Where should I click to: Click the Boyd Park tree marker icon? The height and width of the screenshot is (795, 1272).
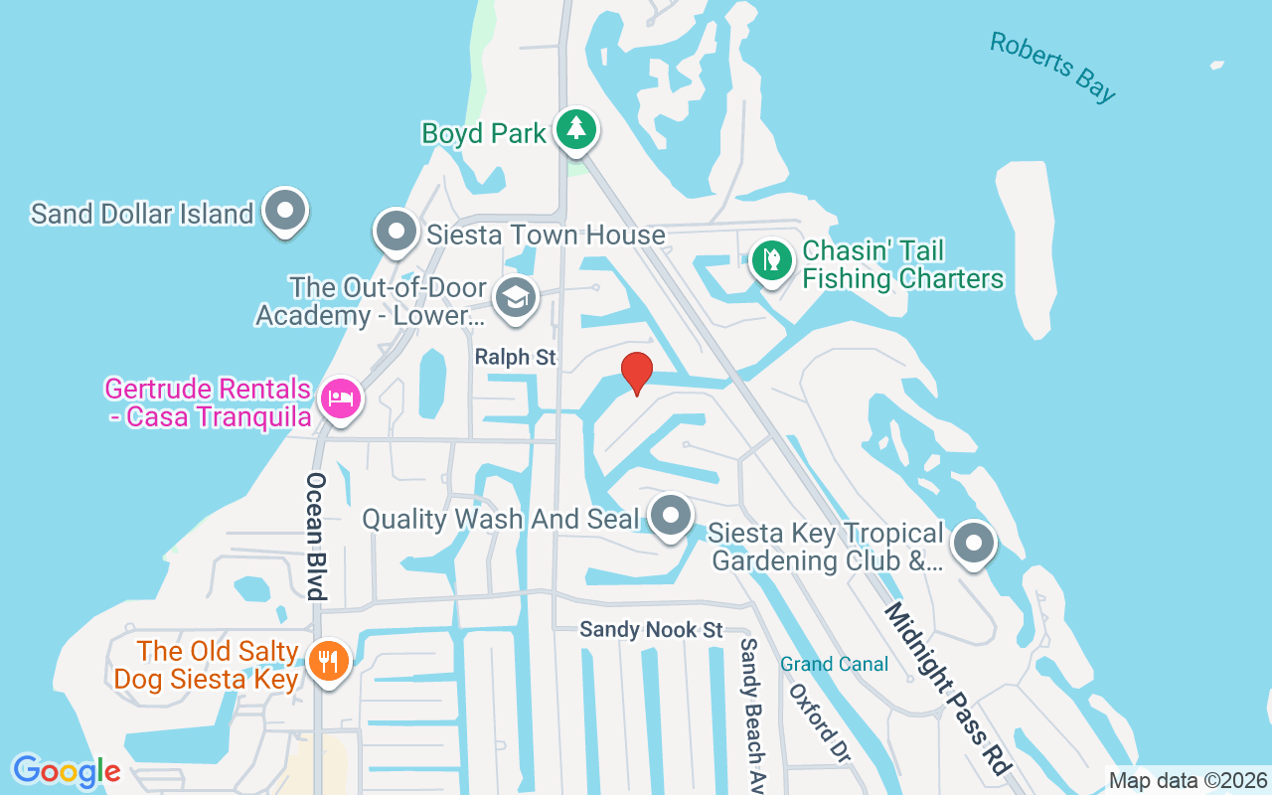tap(575, 129)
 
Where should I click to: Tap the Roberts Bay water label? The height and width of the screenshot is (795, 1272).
tap(1052, 67)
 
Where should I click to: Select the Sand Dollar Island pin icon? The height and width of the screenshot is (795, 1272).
tap(286, 211)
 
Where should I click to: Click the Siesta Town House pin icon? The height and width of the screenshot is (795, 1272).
tap(397, 232)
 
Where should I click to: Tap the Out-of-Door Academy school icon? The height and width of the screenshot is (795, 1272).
tap(515, 297)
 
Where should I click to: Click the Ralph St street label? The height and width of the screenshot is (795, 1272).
tap(515, 358)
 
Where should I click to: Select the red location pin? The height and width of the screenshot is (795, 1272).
tap(636, 374)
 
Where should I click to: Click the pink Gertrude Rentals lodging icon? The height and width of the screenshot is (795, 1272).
tap(340, 400)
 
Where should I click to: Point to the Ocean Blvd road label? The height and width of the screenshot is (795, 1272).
tap(316, 536)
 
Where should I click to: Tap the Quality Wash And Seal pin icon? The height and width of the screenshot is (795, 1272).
tap(671, 516)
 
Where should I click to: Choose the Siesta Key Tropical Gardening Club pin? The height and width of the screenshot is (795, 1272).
tap(974, 544)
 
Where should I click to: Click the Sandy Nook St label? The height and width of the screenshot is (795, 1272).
tap(651, 630)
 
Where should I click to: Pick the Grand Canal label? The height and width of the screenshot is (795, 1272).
tap(834, 664)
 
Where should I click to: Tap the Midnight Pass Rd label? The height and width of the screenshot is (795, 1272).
tap(946, 688)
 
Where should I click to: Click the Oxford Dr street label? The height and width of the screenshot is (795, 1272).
tap(820, 721)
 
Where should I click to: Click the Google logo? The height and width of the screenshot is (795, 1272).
tap(67, 771)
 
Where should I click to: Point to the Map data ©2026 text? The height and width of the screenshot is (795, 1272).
tap(1189, 781)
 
